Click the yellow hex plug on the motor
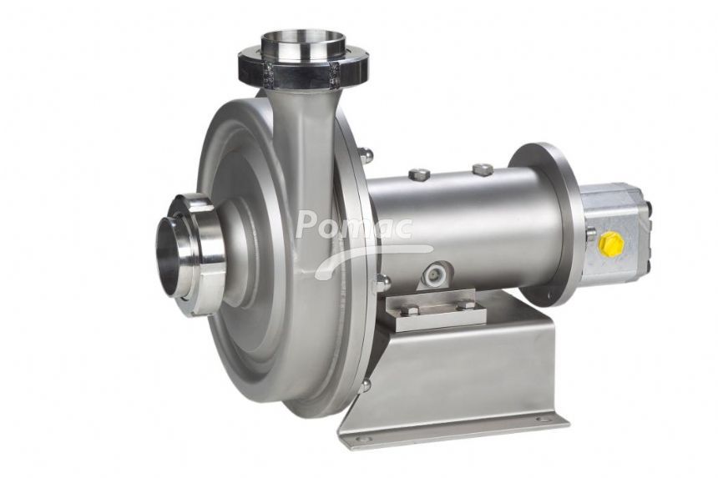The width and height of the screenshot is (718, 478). [611, 243]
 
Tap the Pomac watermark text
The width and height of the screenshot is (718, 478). [354, 225]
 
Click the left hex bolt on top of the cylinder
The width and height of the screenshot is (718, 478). [419, 174]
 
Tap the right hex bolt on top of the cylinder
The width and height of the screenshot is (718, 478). [482, 169]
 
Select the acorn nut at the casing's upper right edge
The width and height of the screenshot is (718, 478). [366, 155]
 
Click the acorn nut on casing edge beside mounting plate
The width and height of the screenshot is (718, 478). [382, 284]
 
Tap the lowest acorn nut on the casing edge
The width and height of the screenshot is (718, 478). [365, 385]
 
